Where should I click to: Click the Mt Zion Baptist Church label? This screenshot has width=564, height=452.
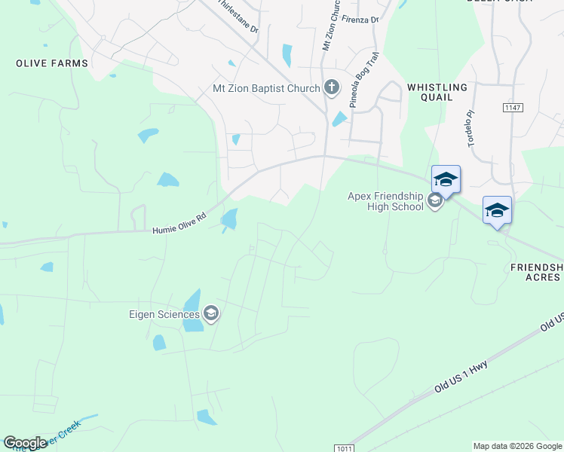pyautogui.click(x=266, y=89)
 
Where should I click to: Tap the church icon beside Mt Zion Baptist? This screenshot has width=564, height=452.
pyautogui.click(x=332, y=88)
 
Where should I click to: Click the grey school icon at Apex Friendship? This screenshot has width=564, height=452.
pyautogui.click(x=434, y=200)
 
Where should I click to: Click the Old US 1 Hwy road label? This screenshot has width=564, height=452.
pyautogui.click(x=461, y=377)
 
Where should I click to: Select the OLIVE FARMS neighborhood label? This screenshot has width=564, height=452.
pyautogui.click(x=52, y=63)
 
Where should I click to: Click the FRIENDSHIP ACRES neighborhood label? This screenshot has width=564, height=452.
pyautogui.click(x=536, y=272)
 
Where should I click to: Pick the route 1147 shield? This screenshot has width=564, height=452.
pyautogui.click(x=513, y=108)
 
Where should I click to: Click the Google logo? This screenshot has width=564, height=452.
pyautogui.click(x=25, y=443)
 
